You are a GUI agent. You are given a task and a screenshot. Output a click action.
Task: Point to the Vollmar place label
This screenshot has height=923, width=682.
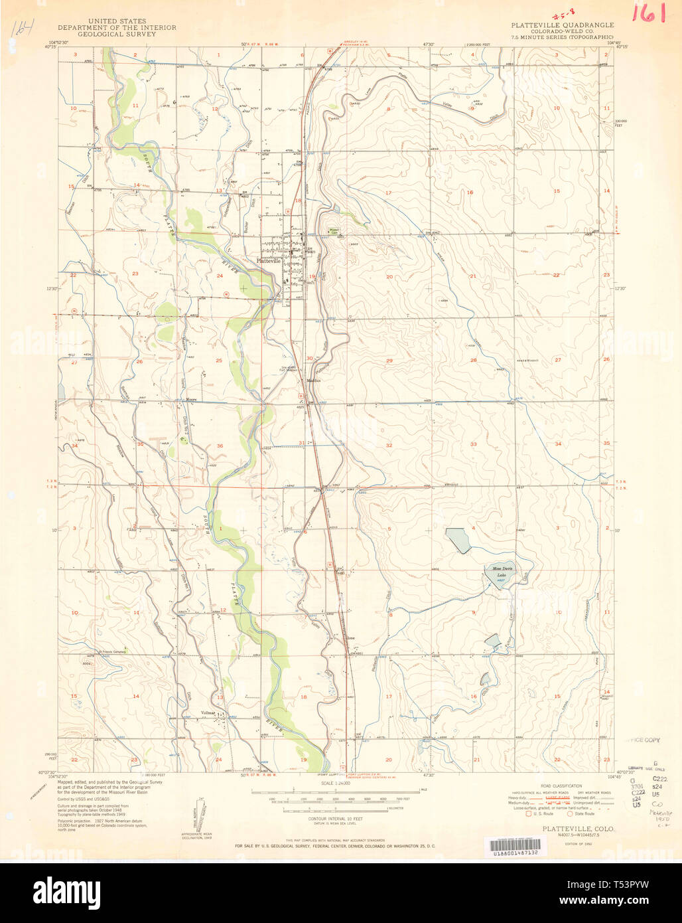tap(210, 715)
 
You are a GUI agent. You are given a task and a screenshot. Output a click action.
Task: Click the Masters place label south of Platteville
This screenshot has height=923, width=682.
tap(314, 380)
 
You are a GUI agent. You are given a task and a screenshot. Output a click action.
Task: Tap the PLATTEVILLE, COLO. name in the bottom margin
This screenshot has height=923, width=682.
tap(578, 829)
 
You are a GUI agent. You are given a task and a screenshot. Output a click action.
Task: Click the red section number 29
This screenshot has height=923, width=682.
tap(389, 361)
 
